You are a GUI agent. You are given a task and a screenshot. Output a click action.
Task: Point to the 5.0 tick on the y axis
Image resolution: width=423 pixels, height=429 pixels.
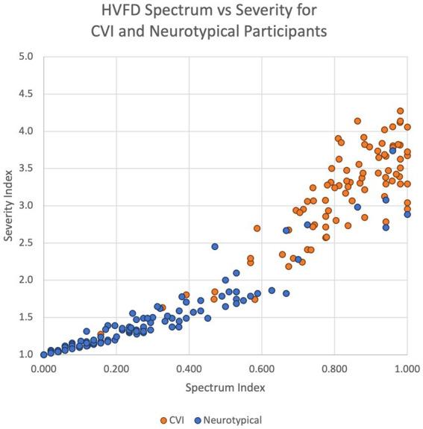click(x=26, y=57)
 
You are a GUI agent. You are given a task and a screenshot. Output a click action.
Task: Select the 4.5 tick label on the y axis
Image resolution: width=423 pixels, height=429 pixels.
click(x=26, y=94)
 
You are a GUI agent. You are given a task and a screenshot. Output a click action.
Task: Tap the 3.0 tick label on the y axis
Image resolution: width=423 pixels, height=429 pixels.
click(x=26, y=206)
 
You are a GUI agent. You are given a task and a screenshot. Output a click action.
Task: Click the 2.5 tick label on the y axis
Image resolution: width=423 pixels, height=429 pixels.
click(x=26, y=243)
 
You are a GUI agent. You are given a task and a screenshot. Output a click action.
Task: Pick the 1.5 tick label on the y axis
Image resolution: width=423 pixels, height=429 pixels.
click(x=26, y=318)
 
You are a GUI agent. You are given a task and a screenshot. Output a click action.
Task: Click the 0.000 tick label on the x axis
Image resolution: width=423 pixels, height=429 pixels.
click(x=43, y=369)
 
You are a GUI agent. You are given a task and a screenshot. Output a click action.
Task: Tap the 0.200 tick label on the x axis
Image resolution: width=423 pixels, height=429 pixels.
click(x=116, y=369)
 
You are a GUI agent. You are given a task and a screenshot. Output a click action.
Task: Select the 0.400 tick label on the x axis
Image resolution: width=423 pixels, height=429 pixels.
click(x=189, y=369)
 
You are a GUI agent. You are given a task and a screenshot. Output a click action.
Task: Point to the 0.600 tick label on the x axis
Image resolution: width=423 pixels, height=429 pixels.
click(x=262, y=369)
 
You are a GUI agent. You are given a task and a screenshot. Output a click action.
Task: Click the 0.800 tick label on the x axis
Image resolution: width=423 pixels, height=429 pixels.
click(x=334, y=369)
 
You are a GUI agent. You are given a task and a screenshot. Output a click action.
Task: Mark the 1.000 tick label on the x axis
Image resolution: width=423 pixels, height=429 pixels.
click(x=407, y=369)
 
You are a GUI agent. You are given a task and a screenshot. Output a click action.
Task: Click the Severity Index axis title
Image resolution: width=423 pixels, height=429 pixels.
click(x=8, y=205)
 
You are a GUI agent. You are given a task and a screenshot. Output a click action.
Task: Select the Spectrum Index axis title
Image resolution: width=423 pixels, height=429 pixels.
click(x=225, y=388)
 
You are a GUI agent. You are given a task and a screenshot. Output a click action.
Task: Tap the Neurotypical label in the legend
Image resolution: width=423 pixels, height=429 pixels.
click(x=236, y=420)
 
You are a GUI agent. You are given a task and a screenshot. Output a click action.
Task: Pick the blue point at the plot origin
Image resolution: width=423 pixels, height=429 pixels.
click(x=43, y=354)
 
